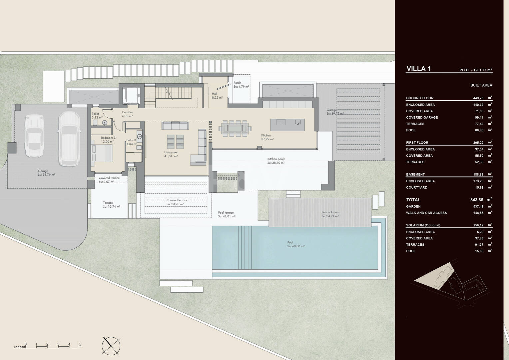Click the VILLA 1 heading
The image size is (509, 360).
(x=418, y=69)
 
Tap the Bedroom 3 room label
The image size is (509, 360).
(x=108, y=138)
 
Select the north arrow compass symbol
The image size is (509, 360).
(x=111, y=346)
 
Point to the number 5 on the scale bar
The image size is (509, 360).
(x=80, y=344)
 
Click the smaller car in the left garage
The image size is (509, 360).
(x=34, y=136)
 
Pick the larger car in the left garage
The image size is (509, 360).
(x=69, y=139)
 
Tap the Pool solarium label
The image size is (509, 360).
(x=330, y=212)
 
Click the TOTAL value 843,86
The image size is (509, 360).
(x=477, y=200)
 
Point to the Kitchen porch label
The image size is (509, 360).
(x=276, y=159)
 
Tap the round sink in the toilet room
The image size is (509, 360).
(x=105, y=123)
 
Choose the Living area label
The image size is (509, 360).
(x=171, y=152)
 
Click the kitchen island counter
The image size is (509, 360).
(x=287, y=125)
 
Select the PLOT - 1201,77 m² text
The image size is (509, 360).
(x=476, y=70)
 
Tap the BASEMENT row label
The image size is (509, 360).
(x=415, y=174)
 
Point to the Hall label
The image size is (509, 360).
(x=215, y=94)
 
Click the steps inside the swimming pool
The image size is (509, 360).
(x=243, y=248)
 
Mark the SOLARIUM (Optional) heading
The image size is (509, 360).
(x=423, y=225)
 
